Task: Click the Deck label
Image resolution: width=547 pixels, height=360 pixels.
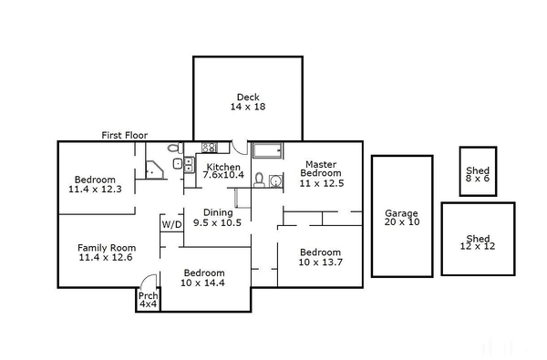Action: coord(247,102)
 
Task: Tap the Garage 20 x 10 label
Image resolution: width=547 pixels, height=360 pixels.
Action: coord(401,216)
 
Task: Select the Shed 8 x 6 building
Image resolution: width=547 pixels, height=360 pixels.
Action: coord(478,171)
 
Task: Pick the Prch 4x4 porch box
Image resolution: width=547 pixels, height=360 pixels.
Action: coord(148,300)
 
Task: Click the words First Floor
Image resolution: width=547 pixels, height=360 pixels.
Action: coord(125,136)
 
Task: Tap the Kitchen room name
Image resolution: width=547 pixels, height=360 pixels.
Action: coord(223,168)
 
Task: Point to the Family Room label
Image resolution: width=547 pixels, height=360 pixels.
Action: coord(106,252)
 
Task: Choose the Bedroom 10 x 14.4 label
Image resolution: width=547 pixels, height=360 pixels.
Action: coord(203,278)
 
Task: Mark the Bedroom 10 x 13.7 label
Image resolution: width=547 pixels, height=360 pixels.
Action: coord(320,258)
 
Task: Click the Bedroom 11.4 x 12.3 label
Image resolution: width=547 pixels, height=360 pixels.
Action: coord(95,184)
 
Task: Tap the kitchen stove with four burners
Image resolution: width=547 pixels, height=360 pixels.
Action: coord(209,147)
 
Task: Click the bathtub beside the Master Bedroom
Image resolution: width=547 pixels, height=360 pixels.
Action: coord(268,151)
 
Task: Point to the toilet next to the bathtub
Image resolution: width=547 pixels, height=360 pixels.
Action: coord(259,179)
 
